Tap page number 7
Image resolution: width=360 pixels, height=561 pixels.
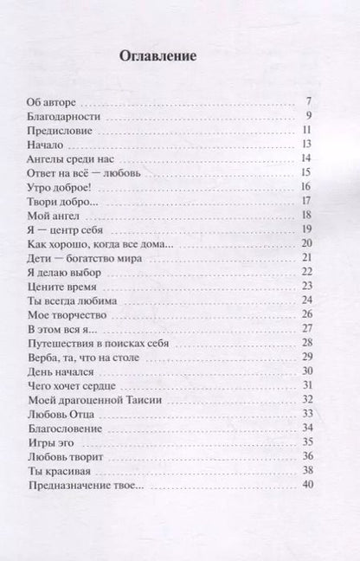(x=309, y=102)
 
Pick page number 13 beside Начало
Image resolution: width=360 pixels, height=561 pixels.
(x=305, y=145)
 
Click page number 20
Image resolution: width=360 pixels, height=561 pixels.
(x=305, y=243)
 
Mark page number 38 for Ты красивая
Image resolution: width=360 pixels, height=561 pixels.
(x=305, y=470)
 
